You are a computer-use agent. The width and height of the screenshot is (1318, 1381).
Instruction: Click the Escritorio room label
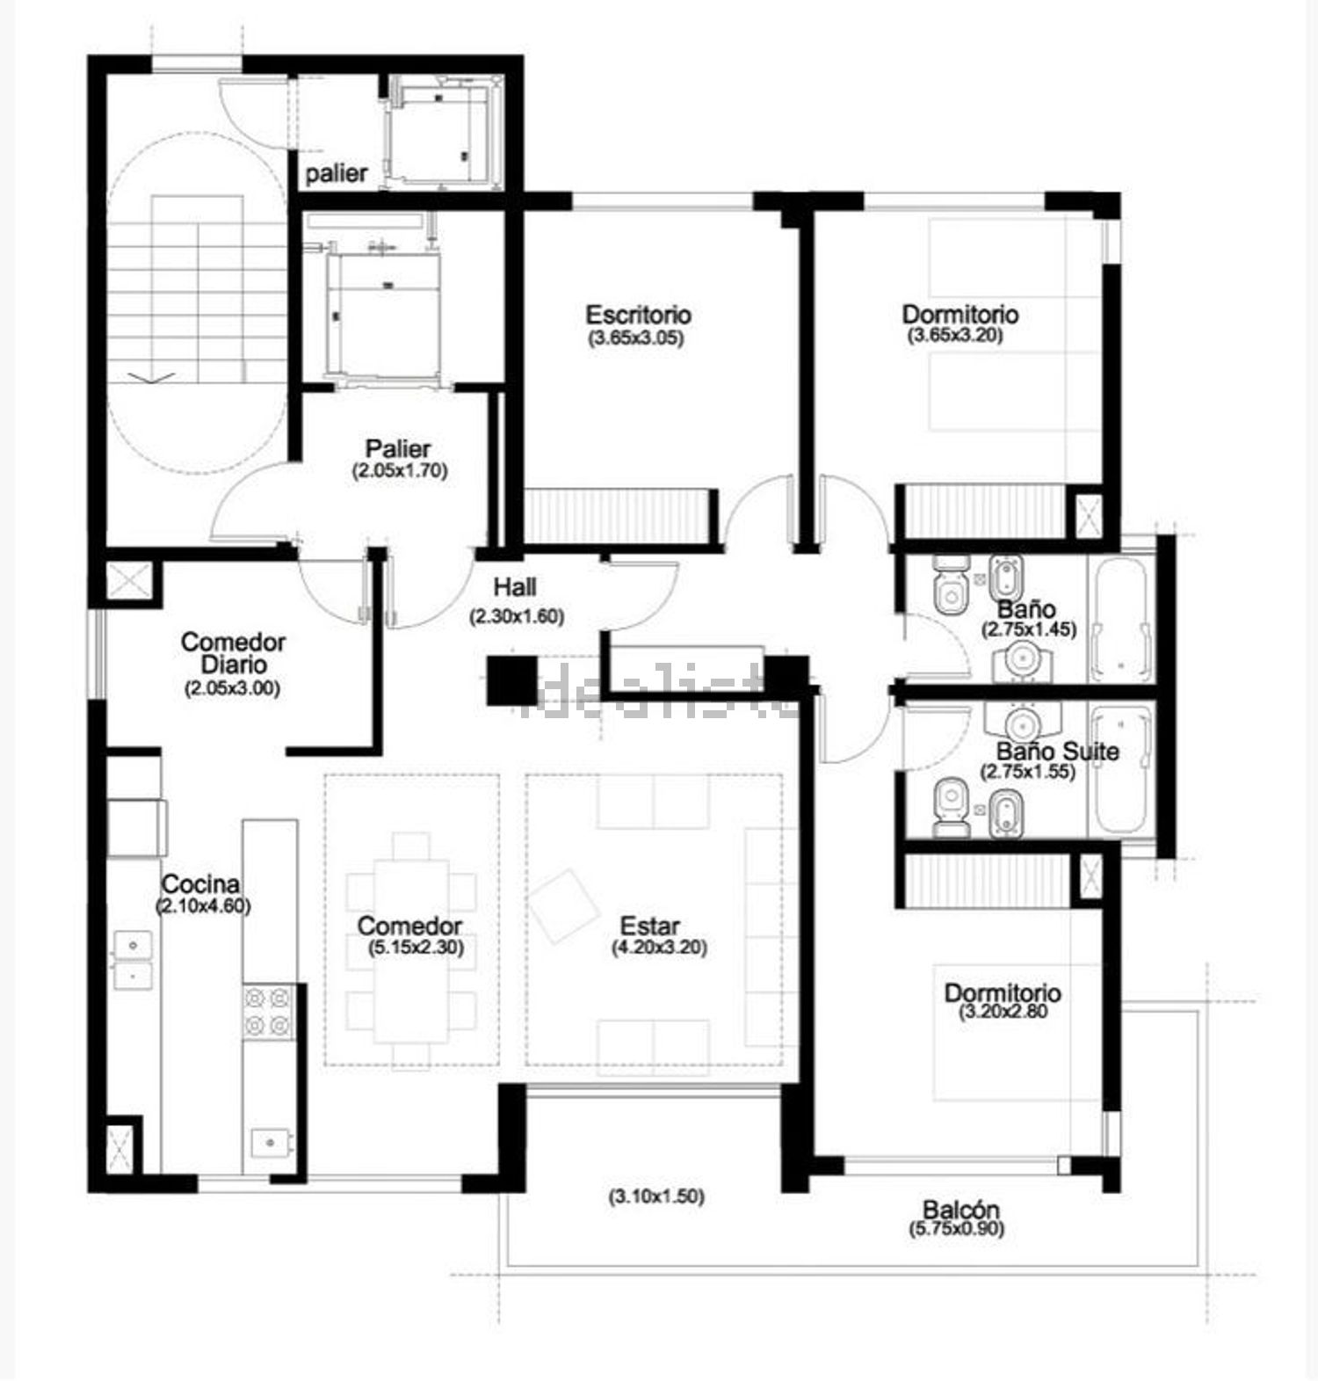(638, 315)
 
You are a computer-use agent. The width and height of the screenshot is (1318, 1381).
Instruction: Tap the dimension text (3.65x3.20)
(954, 335)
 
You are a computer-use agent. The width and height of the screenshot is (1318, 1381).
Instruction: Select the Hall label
(515, 586)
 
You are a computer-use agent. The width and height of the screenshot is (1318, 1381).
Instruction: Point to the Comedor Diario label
(233, 653)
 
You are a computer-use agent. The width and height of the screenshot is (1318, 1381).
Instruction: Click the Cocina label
(201, 883)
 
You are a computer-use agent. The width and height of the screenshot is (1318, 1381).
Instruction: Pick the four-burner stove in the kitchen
(268, 1011)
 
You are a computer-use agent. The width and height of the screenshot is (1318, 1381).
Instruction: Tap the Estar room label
(650, 926)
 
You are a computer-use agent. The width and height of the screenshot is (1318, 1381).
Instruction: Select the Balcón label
(961, 1210)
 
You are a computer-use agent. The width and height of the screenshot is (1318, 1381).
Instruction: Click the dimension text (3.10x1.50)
(656, 1196)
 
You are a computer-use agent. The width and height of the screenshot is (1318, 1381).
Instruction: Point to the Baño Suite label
(1057, 752)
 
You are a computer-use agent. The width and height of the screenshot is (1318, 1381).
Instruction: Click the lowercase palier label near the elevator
(337, 173)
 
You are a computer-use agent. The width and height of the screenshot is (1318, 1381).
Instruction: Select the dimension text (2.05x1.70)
(400, 470)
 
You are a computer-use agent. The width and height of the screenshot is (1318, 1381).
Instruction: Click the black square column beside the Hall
(511, 680)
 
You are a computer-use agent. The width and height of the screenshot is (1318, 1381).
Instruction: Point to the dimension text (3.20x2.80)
(1003, 1011)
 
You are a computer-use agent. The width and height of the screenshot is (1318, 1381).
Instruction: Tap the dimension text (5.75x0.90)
(957, 1229)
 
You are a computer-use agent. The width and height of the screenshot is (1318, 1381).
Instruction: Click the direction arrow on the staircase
(152, 377)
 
